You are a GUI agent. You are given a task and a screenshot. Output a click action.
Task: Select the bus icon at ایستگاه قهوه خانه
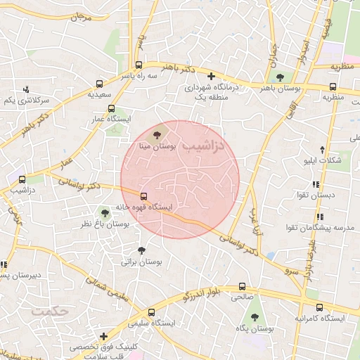[144, 196]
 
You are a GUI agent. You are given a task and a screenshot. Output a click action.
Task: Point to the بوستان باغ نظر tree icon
[105, 212]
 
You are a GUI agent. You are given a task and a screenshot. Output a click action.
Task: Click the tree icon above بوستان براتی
[141, 250]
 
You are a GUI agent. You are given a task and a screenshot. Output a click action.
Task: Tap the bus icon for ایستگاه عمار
[111, 108]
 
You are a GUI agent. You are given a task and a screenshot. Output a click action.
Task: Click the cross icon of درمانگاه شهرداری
[210, 75]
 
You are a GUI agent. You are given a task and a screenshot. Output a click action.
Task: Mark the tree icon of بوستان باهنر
[281, 77]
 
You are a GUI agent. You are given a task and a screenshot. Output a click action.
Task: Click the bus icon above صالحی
[242, 287]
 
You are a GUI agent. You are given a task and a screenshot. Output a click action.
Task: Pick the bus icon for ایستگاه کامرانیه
[319, 307]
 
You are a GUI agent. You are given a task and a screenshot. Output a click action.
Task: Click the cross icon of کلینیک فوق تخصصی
[104, 336]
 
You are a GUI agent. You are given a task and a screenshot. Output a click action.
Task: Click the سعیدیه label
[100, 93]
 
